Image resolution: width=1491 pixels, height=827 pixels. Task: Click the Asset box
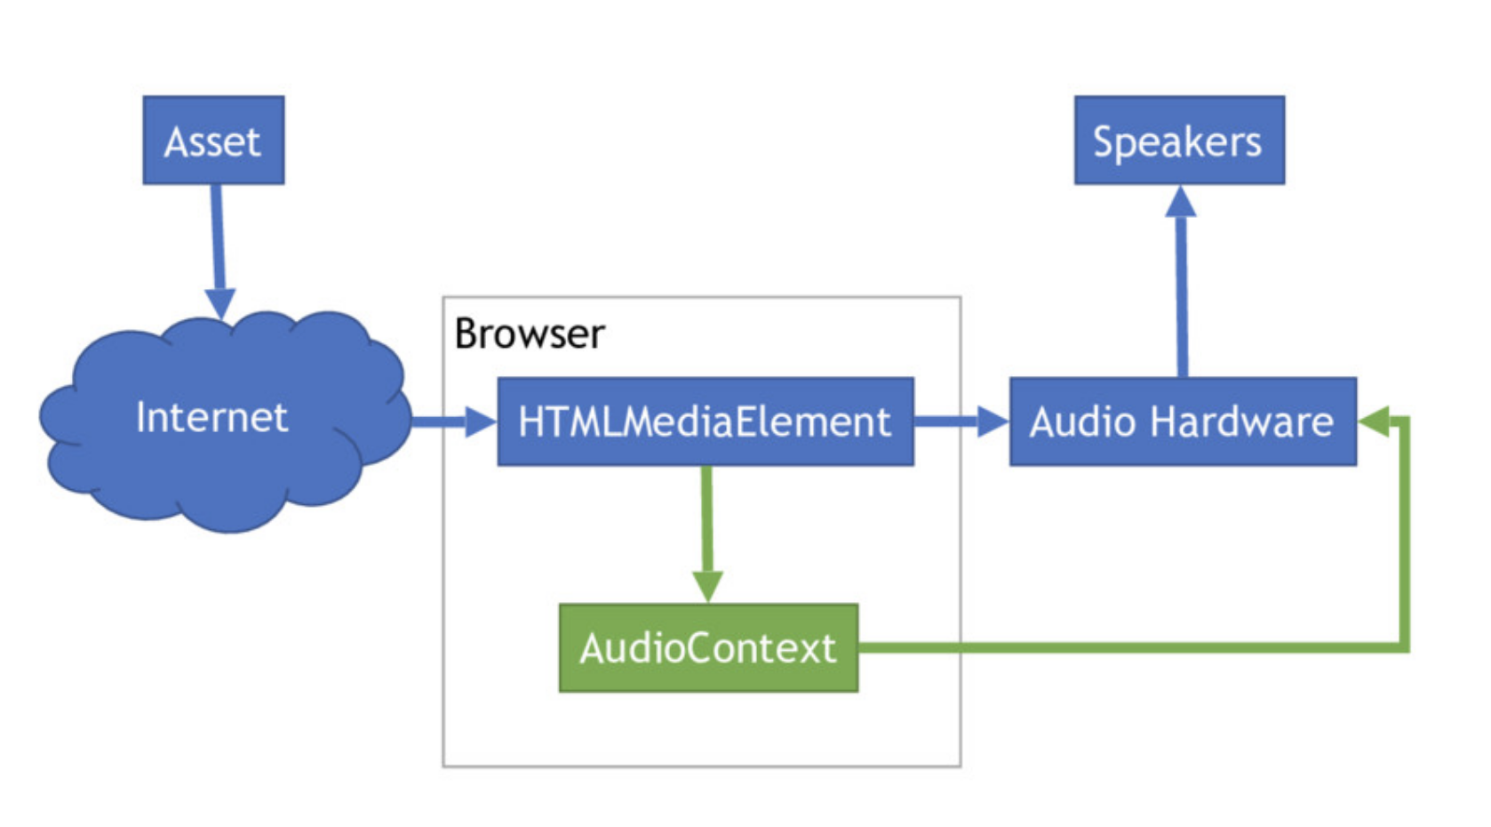pos(213,141)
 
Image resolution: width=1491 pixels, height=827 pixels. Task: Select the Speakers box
pos(1178,141)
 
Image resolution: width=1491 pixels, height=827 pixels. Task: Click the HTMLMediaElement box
pos(705,422)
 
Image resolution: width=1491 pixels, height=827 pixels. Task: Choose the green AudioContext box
pos(708,648)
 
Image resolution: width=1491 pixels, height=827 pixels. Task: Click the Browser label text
pos(529,334)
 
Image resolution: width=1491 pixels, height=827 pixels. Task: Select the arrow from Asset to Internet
pos(217,240)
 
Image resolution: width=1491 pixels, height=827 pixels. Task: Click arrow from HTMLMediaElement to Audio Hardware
pos(955,422)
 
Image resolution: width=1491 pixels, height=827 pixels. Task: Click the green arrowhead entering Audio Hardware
pos(1375,422)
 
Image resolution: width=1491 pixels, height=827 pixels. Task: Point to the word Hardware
pos(1241,422)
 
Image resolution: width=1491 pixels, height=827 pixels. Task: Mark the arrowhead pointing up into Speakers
pos(1180,203)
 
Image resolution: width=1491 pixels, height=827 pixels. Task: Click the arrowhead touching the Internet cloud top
pos(220,303)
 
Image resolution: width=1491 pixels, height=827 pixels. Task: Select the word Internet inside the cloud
pos(211,417)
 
